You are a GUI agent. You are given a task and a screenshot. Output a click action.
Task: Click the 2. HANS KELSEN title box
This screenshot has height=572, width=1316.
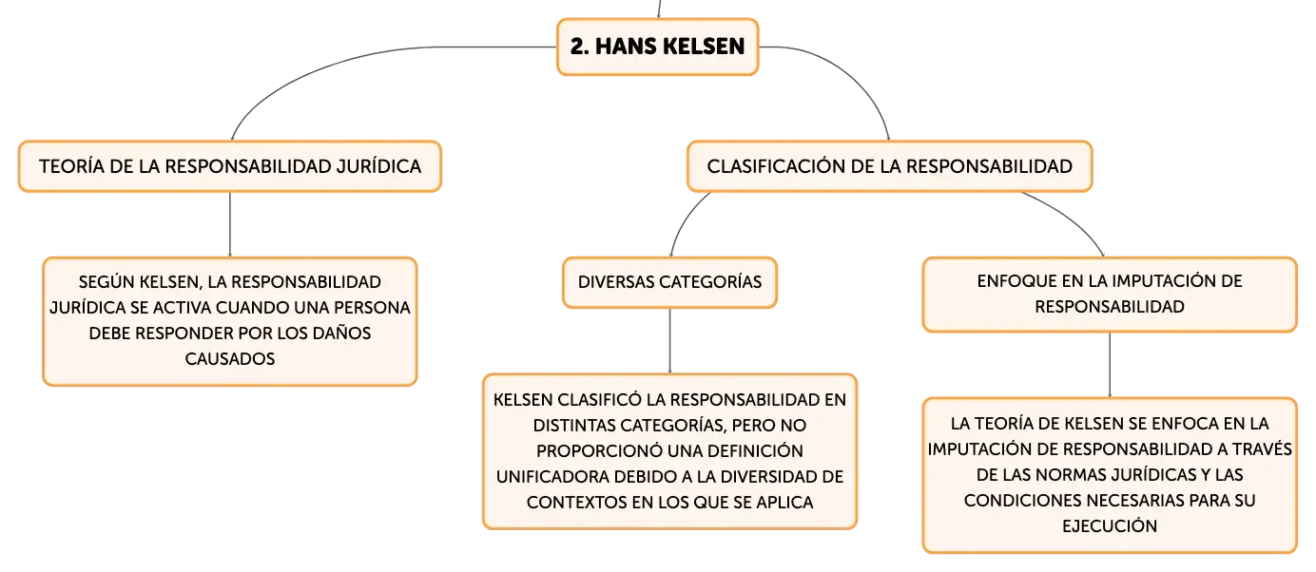tap(657, 47)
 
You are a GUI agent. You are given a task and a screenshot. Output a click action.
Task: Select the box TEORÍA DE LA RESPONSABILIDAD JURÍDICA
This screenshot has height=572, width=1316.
tap(230, 166)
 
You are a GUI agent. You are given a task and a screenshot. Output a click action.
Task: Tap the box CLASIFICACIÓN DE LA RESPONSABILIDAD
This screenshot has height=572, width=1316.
tap(889, 166)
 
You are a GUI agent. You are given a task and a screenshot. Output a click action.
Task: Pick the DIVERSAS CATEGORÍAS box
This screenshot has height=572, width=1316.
tap(669, 282)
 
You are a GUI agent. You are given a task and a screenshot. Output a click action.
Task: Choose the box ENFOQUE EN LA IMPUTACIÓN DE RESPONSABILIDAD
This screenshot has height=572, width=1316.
tap(1110, 295)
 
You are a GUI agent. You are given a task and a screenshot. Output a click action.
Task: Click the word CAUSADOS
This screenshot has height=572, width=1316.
tap(230, 359)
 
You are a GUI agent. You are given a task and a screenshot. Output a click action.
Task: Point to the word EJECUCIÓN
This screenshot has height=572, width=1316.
tap(1110, 525)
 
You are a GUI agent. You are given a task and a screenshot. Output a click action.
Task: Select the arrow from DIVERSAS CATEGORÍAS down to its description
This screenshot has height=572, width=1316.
tap(669, 340)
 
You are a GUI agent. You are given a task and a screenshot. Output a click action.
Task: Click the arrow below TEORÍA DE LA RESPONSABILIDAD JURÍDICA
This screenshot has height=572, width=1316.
tap(230, 224)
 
